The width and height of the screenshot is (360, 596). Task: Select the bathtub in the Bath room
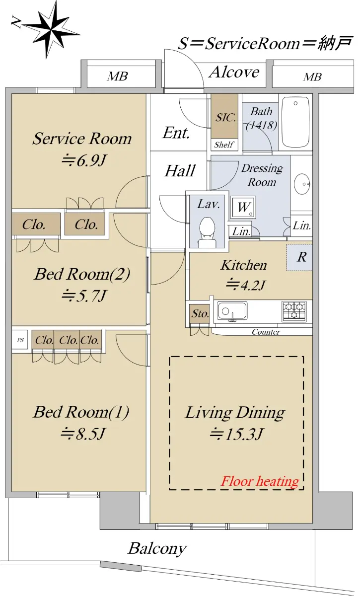coord(295,122)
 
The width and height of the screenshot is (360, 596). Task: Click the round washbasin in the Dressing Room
coord(302,184)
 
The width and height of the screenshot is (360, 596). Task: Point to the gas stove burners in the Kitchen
coord(294,310)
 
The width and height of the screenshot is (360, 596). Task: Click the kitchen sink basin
coord(232,310)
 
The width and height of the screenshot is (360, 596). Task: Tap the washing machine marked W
coord(243,207)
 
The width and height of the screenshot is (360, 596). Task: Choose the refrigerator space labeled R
coord(299,257)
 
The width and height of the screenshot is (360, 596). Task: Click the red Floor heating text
coord(260,481)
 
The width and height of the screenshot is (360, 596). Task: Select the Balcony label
coord(157,548)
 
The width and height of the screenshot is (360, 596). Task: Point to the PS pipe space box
coord(20,340)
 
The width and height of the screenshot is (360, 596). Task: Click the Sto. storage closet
coord(200,314)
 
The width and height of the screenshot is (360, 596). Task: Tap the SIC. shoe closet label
coord(225,118)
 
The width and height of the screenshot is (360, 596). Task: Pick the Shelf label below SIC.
coord(224,145)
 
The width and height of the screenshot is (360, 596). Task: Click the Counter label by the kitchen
coord(266,332)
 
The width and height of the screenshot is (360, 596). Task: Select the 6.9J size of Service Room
coord(84,160)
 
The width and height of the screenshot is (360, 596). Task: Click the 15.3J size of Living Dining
coord(236,434)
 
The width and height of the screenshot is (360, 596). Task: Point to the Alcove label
coord(234,72)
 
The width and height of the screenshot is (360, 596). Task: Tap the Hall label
coord(180,171)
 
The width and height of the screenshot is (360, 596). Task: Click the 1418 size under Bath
coord(261,125)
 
